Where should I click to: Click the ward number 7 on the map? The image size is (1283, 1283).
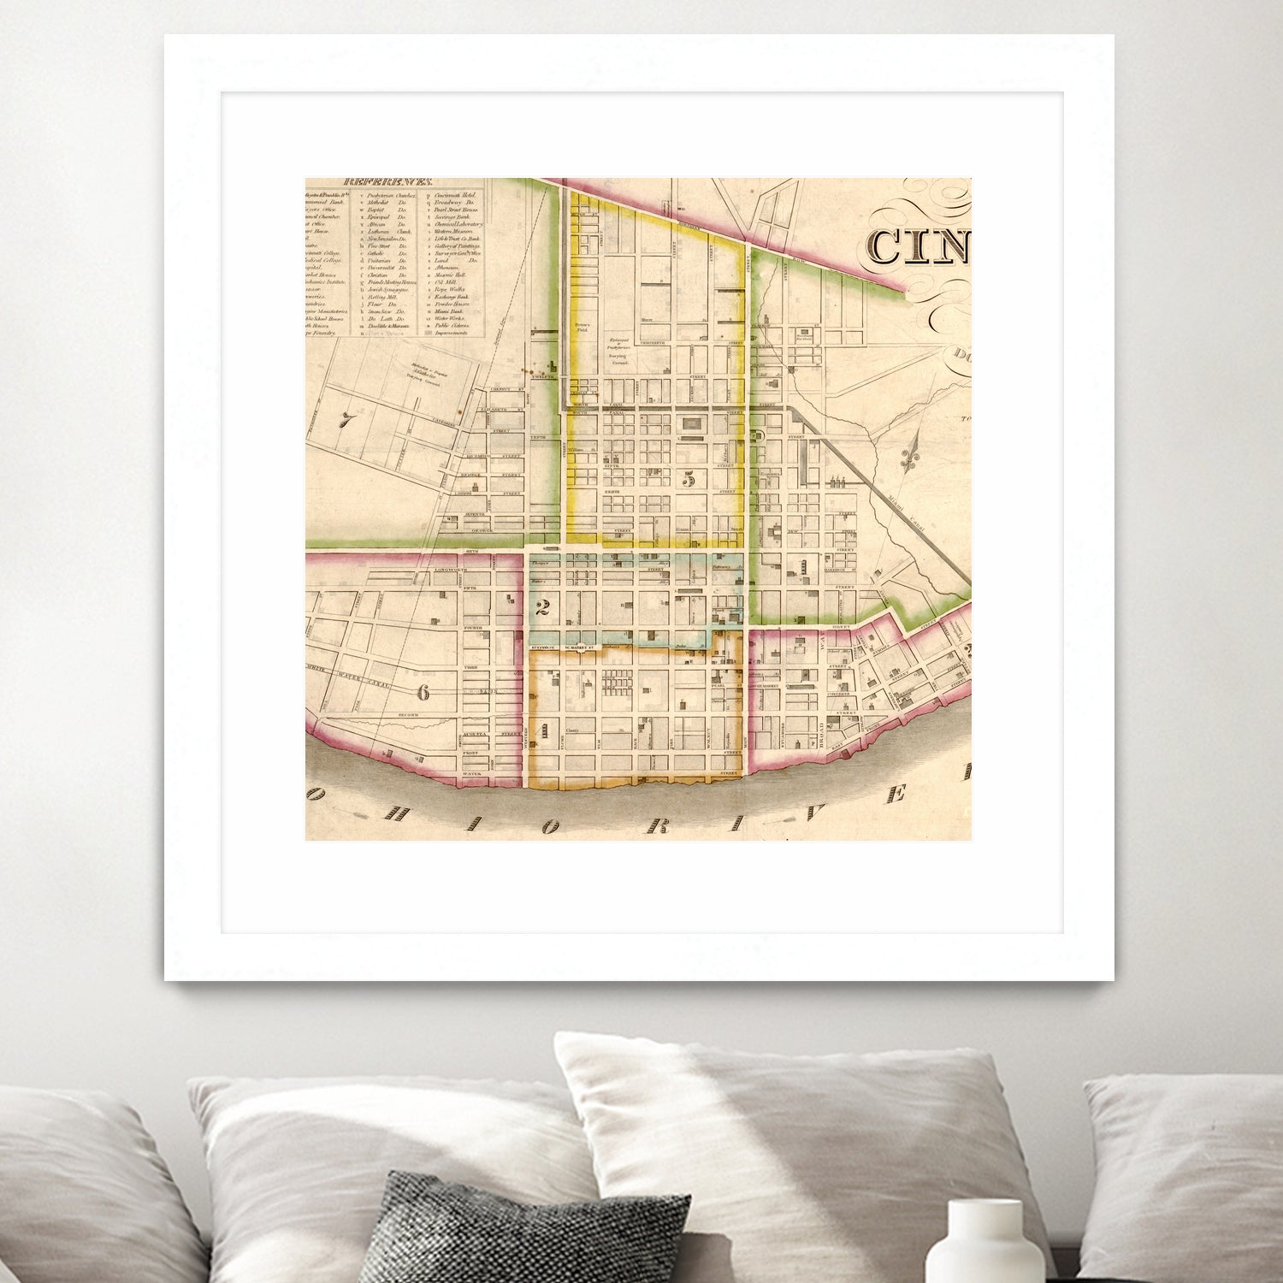(x=346, y=420)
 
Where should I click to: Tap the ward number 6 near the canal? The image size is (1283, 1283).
(x=423, y=692)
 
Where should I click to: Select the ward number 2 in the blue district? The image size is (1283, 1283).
(x=540, y=609)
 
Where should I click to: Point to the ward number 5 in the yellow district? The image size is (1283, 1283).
(x=689, y=479)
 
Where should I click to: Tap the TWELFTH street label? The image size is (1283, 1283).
(x=544, y=376)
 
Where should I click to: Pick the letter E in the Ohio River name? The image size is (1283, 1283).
(x=897, y=795)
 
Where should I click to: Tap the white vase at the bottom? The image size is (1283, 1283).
(x=984, y=1242)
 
